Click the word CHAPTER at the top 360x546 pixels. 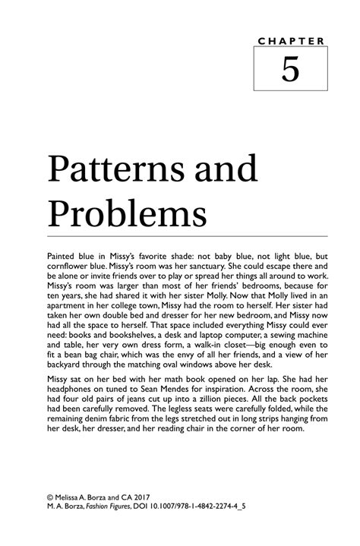tap(289, 39)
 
